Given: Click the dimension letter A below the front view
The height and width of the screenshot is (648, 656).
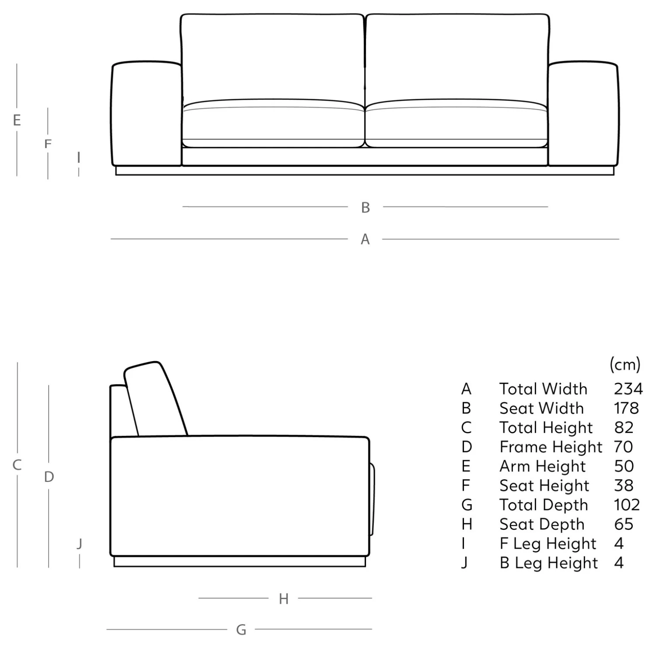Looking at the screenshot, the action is [365, 239].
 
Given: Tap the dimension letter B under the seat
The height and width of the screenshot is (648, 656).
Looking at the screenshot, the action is [366, 207].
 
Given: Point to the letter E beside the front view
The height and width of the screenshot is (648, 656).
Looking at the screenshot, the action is [17, 120].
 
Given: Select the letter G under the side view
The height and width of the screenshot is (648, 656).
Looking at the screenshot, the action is [241, 630].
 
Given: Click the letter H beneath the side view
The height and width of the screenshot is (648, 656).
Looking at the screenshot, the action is [284, 599].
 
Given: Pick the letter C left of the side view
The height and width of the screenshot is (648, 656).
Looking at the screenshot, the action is [17, 465].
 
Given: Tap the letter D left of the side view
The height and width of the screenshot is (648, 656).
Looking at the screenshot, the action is [49, 477].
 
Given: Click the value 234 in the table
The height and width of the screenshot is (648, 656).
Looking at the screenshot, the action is [628, 389].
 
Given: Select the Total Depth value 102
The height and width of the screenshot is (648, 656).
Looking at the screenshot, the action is [627, 505].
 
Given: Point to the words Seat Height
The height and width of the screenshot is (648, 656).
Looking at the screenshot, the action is [544, 485].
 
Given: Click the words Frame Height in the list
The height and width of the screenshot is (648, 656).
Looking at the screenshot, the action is [551, 447].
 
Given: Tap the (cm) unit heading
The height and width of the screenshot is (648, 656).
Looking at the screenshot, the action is [625, 364].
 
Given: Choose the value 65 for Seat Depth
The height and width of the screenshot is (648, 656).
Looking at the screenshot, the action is [624, 524].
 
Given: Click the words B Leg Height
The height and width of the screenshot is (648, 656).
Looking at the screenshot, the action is [548, 563].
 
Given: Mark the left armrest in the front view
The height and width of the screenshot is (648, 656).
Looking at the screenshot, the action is [147, 114].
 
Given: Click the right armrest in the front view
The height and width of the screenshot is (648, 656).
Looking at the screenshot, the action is [583, 114].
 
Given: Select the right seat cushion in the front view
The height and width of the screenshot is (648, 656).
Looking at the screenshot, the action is [456, 124].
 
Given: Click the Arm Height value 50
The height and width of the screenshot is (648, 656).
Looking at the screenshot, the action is [624, 466].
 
